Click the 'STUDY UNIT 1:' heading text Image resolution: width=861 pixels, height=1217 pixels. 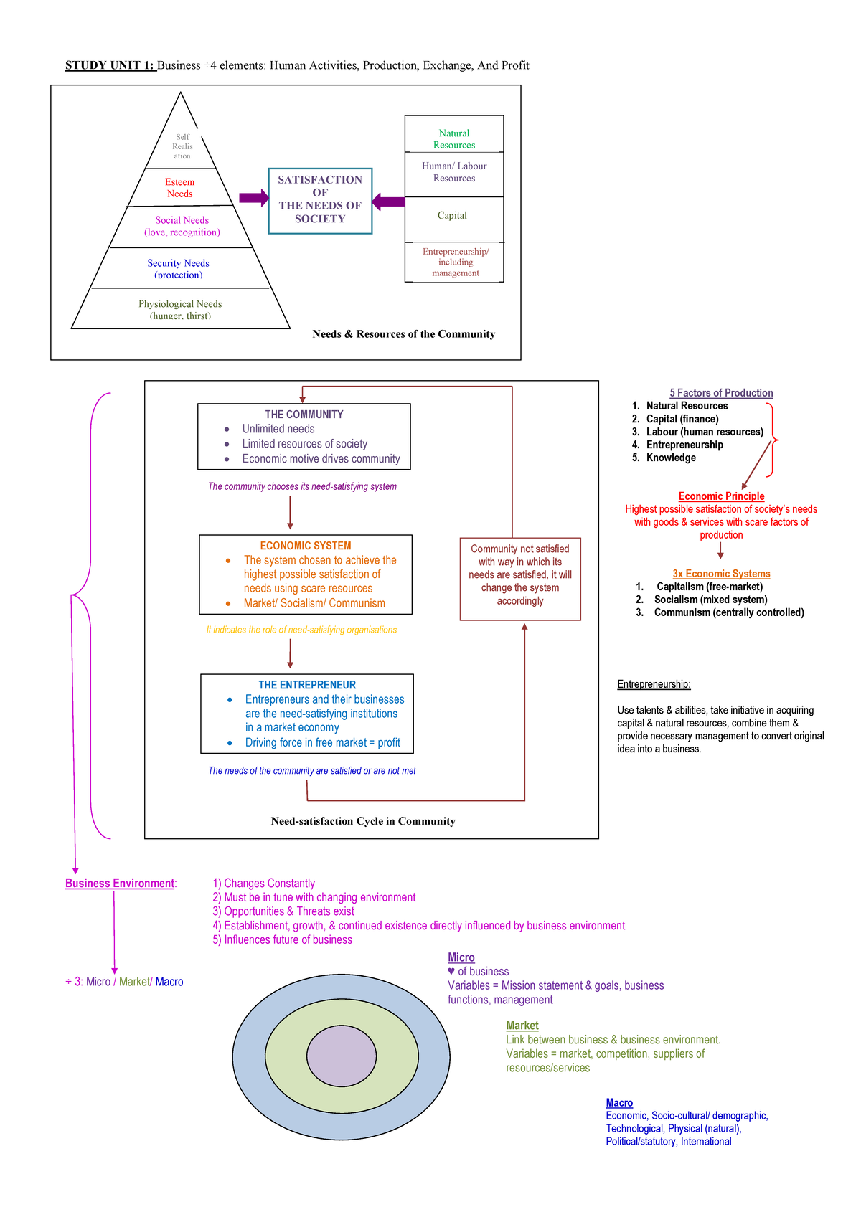pos(110,65)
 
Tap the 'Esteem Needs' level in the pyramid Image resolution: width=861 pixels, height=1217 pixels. pos(180,188)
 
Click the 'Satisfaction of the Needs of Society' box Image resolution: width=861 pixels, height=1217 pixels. pos(320,200)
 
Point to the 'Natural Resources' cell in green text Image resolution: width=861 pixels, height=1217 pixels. pos(454,138)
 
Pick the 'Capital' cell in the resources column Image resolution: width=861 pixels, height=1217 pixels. pos(452,215)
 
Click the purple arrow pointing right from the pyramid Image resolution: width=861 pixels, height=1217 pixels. pos(253,198)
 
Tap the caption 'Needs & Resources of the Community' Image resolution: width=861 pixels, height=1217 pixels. pos(403,333)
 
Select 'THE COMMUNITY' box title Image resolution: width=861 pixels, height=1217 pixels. pos(304,415)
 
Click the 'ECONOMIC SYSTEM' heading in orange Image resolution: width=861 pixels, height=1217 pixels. pos(306,546)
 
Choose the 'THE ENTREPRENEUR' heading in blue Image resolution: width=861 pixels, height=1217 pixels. pos(307,685)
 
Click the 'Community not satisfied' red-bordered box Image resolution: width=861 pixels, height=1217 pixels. pos(520,575)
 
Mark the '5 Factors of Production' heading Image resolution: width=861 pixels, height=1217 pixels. pos(721,393)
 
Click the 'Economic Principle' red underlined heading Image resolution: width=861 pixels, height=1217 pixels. pos(721,496)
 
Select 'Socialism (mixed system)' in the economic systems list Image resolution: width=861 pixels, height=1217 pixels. pos(710,600)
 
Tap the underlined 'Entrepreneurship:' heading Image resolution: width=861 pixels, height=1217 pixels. pos(654,684)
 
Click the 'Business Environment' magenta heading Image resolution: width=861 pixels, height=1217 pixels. pos(120,884)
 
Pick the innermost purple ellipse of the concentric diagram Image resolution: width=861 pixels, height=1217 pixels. pos(342,1056)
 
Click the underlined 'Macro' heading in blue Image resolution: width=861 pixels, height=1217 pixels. pos(619,1103)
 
